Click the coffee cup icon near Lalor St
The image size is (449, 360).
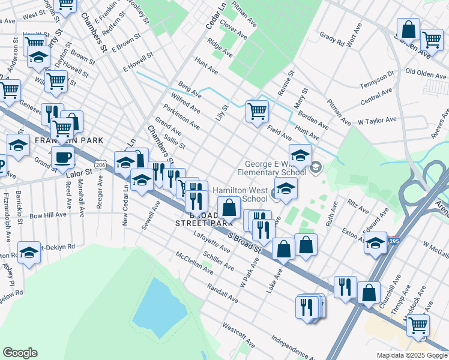click(62, 158)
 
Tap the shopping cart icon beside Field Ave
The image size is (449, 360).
click(257, 110)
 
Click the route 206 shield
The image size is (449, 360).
click(100, 164)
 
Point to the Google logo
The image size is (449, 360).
click(20, 353)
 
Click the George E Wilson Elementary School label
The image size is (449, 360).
click(276, 168)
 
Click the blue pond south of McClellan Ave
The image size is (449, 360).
click(159, 301)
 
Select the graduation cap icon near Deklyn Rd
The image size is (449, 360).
click(29, 253)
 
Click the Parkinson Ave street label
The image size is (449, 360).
click(185, 119)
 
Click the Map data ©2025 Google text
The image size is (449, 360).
click(411, 355)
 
